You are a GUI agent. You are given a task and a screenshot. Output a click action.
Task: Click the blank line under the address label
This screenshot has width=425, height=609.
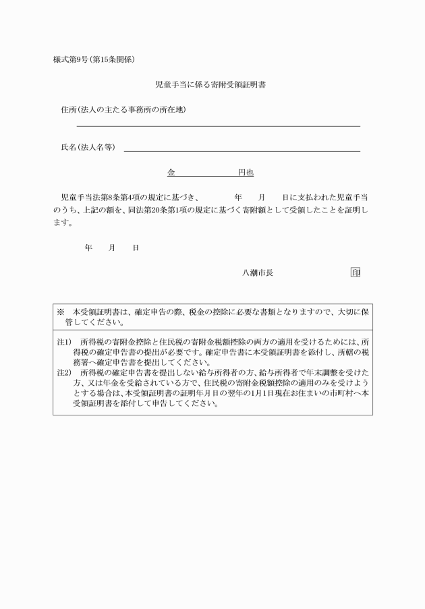(218, 125)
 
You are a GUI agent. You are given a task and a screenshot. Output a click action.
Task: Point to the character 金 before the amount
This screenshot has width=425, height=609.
(171, 173)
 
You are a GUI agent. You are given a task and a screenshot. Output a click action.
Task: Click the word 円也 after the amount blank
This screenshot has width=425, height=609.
(246, 173)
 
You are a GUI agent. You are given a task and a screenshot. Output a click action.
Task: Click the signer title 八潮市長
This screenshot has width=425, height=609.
(258, 273)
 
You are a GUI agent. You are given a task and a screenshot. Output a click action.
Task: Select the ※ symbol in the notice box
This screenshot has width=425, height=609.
(60, 312)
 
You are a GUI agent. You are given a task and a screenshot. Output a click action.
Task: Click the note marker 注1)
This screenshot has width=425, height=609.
(64, 342)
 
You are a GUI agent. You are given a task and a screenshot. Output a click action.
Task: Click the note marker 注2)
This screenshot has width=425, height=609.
(64, 372)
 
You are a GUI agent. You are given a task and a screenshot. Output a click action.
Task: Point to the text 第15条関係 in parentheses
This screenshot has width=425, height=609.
(119, 59)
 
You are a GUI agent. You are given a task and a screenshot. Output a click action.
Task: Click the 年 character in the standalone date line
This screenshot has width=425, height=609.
(88, 248)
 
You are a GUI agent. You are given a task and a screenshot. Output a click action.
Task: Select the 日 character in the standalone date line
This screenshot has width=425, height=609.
(136, 248)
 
